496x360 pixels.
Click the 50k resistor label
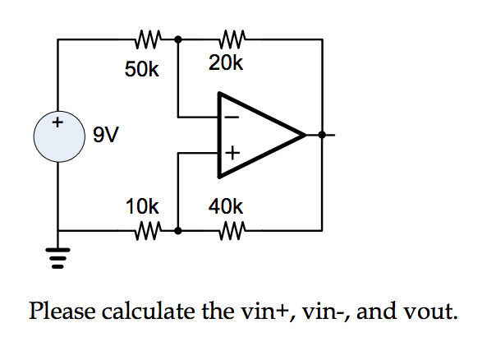tap(142, 70)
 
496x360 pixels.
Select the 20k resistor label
tap(226, 63)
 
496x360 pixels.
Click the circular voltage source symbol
tap(57, 135)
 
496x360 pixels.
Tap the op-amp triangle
tap(255, 134)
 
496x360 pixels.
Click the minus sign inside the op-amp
tap(232, 118)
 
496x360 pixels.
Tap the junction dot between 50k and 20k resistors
tap(179, 38)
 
